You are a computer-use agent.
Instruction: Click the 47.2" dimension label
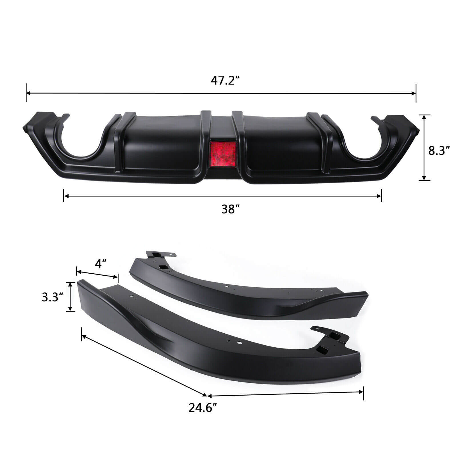225,81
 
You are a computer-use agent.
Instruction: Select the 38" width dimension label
230,210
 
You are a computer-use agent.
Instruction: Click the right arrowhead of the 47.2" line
414,93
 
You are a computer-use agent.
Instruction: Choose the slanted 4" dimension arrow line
97,273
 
